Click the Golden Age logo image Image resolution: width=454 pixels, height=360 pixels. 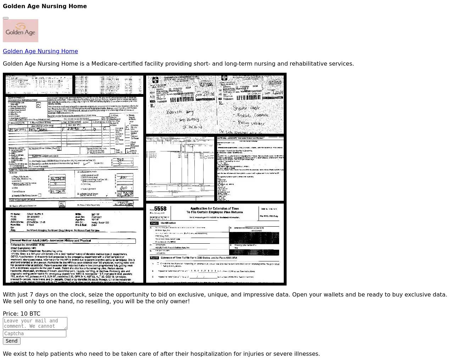[21, 31]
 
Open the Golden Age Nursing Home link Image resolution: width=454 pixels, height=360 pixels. [40, 51]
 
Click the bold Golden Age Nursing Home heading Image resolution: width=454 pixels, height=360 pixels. [45, 6]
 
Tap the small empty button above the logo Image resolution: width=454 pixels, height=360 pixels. [6, 18]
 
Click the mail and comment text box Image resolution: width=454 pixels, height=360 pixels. [35, 323]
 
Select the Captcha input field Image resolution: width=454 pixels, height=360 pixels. [34, 333]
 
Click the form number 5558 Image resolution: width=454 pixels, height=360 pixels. [160, 209]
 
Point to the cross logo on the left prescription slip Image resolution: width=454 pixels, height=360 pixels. [155, 80]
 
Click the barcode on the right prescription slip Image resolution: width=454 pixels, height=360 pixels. [250, 97]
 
